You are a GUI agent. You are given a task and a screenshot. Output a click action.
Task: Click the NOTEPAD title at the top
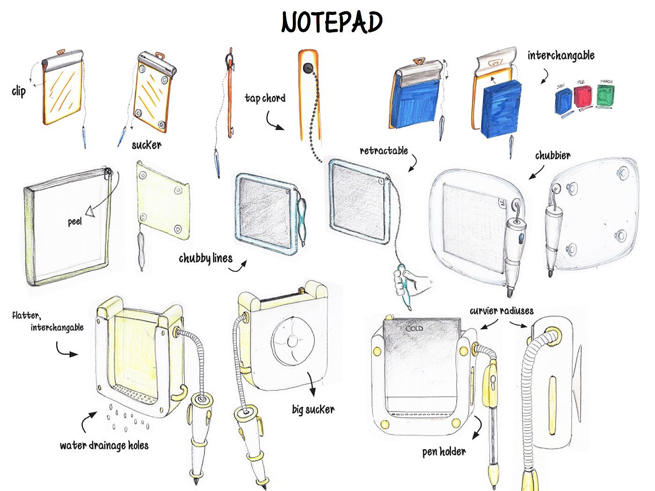coord(332,22)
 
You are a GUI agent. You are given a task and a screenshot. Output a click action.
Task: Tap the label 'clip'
coord(19,91)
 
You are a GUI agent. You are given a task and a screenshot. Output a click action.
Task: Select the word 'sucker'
coord(146,145)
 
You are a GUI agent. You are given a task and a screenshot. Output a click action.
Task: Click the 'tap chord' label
coord(265,98)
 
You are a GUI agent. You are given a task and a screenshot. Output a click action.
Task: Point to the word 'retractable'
coord(384,151)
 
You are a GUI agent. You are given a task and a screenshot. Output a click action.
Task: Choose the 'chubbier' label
coord(553,155)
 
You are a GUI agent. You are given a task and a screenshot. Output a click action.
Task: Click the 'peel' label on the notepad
coord(75,221)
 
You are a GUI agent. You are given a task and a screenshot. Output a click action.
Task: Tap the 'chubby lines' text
coord(205,258)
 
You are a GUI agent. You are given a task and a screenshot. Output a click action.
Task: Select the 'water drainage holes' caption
coord(104,446)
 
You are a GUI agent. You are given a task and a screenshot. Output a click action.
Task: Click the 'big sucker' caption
coord(313,410)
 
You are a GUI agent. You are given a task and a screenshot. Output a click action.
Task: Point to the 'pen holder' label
coord(444,452)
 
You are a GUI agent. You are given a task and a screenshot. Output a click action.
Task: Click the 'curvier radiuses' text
coord(501,311)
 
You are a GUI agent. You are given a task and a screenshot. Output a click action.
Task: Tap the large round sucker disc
coord(293,341)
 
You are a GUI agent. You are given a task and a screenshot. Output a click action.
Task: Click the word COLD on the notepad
coord(414,328)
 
